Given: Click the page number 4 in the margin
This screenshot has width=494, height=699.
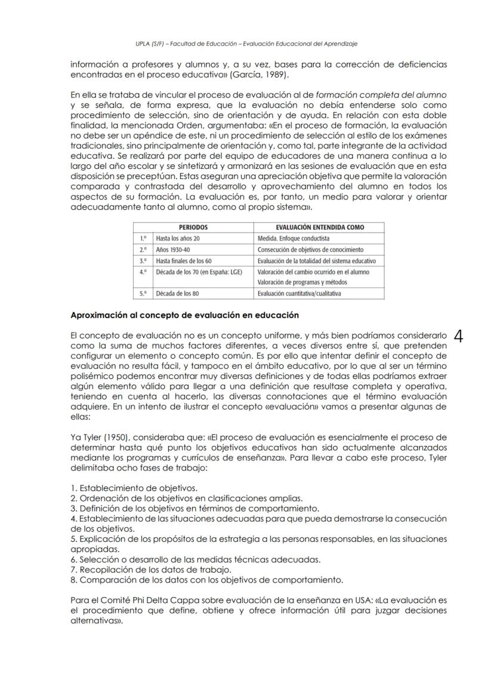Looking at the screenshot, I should [459, 337].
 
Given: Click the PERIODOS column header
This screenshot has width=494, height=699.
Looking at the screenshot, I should [193, 227].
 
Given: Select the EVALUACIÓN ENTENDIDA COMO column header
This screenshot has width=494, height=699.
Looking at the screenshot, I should [320, 227].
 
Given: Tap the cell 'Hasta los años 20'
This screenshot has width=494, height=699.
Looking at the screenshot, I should [178, 238].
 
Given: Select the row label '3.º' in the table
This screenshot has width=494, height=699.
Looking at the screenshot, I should [143, 261].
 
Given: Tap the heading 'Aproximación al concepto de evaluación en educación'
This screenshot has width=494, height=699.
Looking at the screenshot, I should [184, 315].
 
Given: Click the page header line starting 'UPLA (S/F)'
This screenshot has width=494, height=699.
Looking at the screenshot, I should [246, 43].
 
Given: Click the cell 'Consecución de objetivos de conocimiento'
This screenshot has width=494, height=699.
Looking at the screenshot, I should [310, 250].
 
